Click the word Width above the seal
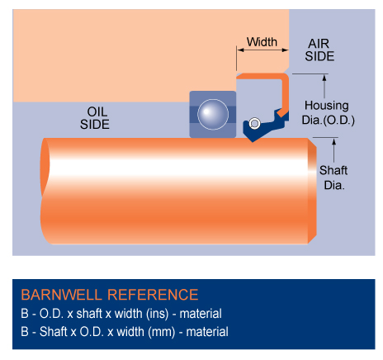(262, 42)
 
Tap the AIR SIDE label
(319, 50)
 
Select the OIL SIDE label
(95, 118)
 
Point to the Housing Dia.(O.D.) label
(328, 113)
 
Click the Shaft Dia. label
(333, 178)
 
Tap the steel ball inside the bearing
(213, 114)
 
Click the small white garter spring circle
(254, 123)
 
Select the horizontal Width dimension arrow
(262, 50)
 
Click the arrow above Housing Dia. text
(324, 86)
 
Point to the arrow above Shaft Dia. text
(334, 150)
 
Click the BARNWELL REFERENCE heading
(110, 295)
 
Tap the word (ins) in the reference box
(158, 314)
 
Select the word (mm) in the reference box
(162, 332)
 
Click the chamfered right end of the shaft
(312, 191)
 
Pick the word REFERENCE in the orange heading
(153, 295)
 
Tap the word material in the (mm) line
(207, 332)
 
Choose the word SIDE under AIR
(319, 56)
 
